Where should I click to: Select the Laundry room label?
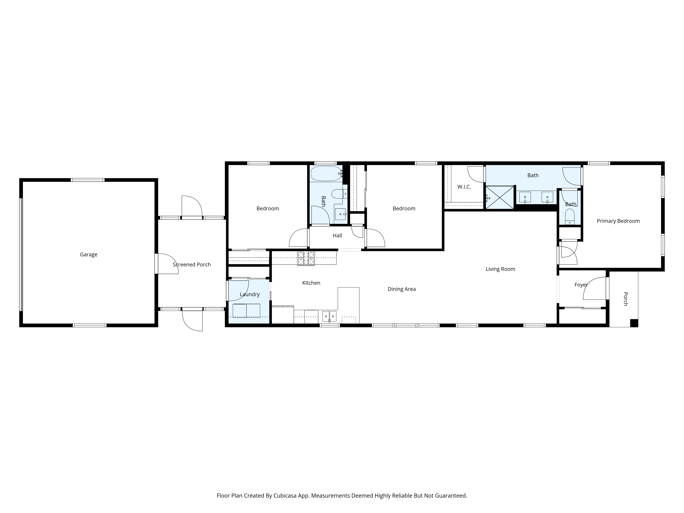249,294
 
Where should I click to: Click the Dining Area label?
402,289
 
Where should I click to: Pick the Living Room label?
500,269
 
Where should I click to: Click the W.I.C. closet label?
464,187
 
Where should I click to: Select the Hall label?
337,236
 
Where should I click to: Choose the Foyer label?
581,285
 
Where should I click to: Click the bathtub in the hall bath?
326,174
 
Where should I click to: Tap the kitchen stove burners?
306,259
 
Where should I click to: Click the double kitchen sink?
329,316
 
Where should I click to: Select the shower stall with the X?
500,197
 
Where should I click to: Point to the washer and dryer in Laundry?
246,311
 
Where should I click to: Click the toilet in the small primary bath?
570,216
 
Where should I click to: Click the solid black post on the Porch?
634,323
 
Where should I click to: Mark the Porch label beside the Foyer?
625,299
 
